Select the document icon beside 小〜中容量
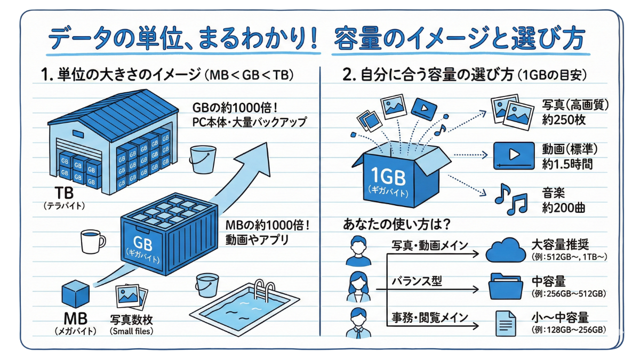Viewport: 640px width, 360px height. pyautogui.click(x=504, y=322)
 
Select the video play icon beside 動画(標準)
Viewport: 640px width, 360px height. pyautogui.click(x=513, y=155)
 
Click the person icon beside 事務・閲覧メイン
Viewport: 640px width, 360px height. pyautogui.click(x=358, y=322)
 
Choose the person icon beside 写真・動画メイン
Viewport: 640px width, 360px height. pyautogui.click(x=358, y=251)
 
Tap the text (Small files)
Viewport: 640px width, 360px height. pyautogui.click(x=131, y=332)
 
